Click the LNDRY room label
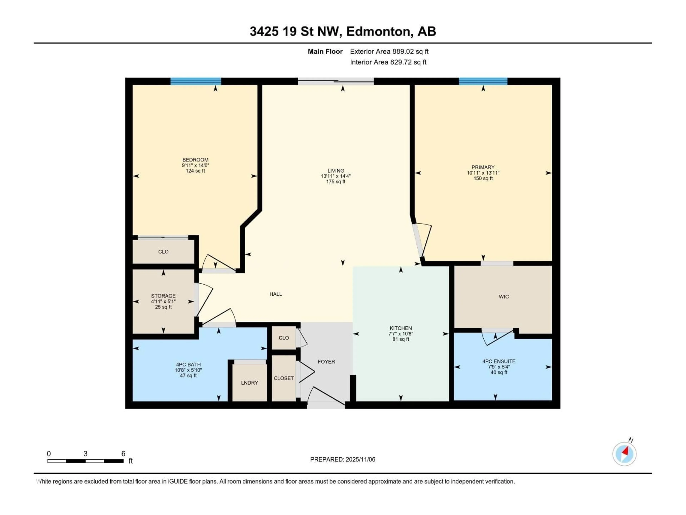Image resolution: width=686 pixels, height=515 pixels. (249, 383)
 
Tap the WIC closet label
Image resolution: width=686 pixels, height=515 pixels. (504, 297)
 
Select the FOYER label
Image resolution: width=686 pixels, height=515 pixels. (326, 362)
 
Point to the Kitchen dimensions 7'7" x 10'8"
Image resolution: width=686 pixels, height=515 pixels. (401, 334)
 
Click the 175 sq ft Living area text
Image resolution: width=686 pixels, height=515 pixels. (335, 182)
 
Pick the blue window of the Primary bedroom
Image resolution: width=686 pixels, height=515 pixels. (483, 81)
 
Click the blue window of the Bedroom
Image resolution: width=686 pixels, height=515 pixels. (196, 81)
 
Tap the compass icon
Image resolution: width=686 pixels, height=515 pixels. (624, 454)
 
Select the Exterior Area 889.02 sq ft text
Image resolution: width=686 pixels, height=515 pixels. (389, 51)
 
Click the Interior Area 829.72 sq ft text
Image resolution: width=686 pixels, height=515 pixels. (388, 62)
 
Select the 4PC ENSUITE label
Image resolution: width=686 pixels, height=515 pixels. (499, 361)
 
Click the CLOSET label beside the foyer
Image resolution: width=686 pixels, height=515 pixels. (284, 378)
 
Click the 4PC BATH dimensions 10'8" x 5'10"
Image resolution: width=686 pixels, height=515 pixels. (188, 370)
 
